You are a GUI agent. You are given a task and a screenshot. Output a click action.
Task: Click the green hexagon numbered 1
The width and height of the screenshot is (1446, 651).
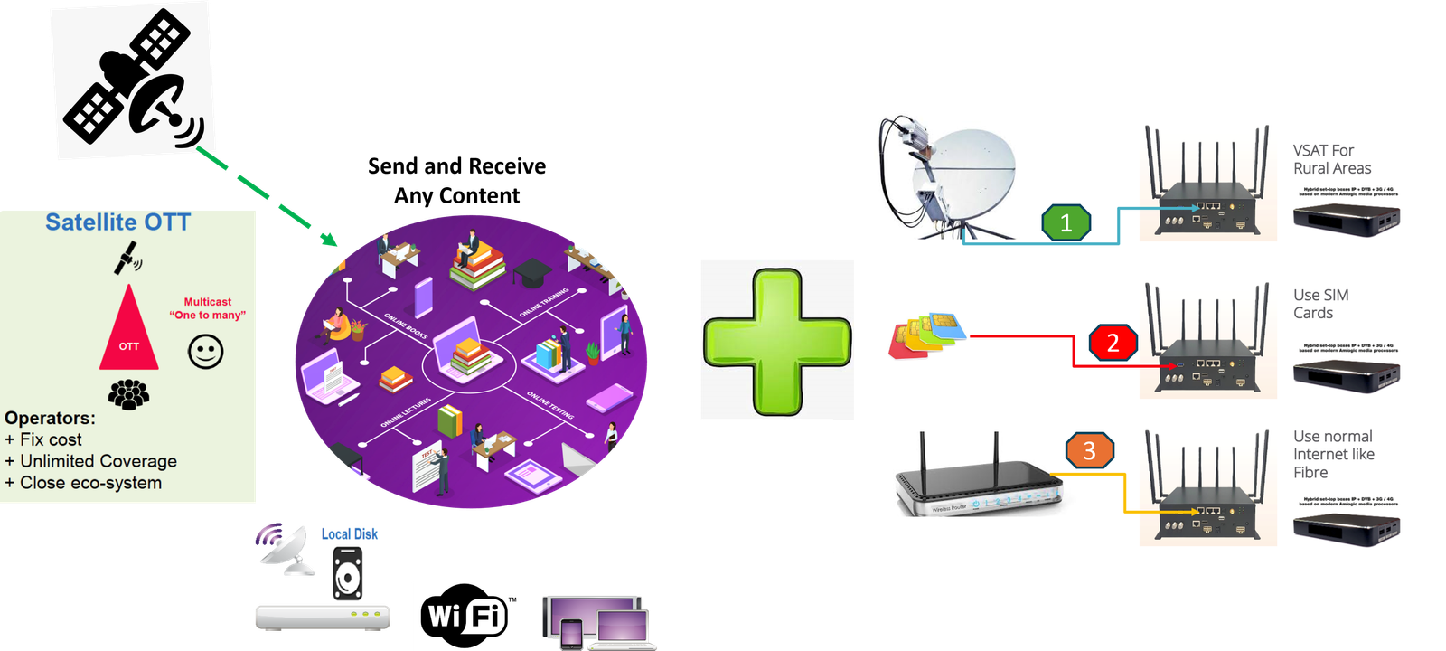point(1066,222)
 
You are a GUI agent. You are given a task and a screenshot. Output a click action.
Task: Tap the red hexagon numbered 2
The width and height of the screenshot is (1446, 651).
point(1113,343)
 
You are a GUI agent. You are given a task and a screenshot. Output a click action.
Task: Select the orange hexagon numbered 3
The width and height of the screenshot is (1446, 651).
point(1089,450)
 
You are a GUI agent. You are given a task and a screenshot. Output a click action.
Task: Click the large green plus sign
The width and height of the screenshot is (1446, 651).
point(777,341)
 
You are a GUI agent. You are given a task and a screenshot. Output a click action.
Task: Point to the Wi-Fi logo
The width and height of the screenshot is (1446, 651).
point(465,616)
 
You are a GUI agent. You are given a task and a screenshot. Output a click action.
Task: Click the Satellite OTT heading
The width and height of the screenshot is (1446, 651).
point(118,222)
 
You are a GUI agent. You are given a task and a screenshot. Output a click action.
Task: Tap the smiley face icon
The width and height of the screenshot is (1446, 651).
point(206,351)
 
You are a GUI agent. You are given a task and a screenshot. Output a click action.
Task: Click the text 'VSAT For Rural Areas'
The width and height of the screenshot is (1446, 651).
point(1331,159)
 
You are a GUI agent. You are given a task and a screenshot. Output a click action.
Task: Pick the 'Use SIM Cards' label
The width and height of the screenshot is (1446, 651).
point(1320,304)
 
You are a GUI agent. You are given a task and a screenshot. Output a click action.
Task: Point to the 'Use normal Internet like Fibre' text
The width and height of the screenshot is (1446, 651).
point(1333,454)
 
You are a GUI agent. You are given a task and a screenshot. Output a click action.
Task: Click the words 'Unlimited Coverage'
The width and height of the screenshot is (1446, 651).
point(99,461)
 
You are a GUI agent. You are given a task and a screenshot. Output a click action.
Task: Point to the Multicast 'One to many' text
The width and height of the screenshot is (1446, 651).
point(208,308)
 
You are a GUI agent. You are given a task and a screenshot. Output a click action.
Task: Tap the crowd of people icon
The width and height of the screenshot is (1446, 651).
point(129,394)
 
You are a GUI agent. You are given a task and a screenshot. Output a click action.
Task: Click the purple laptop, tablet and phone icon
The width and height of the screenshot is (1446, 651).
point(598,622)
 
